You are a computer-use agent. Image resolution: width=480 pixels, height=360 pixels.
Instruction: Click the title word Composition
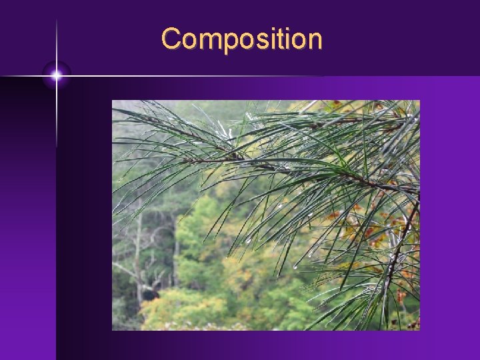(241, 39)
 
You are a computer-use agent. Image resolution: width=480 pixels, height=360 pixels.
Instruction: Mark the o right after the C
(189, 41)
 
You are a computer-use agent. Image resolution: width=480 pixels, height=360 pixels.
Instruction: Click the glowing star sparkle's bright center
(57, 76)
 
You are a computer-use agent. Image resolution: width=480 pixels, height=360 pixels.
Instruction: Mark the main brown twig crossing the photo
(300, 171)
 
